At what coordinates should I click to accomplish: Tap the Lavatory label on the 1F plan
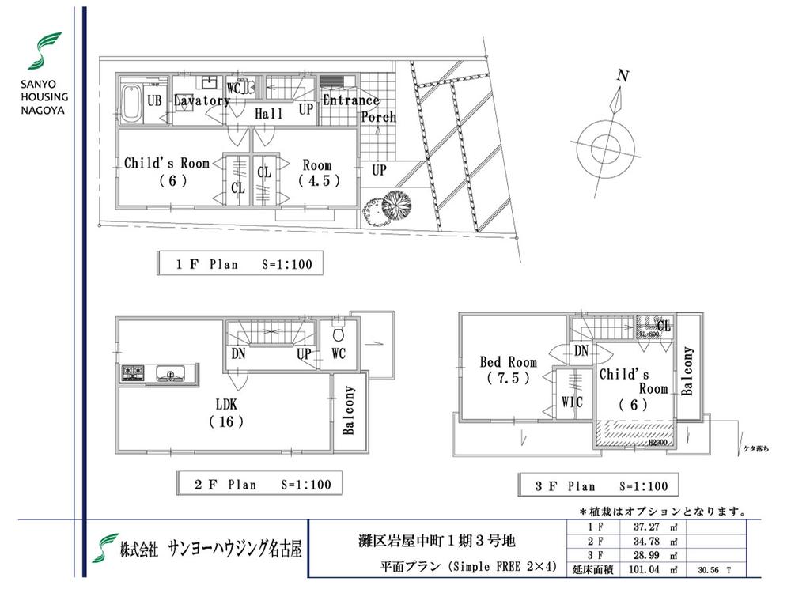point(202,100)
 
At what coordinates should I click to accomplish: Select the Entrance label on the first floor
point(350,100)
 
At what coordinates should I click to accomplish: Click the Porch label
point(378,117)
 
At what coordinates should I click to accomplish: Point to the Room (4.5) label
point(318,172)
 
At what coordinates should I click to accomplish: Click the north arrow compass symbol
point(604,145)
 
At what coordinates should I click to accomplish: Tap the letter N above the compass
point(623,77)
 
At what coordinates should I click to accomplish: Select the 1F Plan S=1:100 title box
point(240,263)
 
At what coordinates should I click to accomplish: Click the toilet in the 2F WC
point(339,327)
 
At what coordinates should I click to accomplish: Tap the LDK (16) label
point(225,413)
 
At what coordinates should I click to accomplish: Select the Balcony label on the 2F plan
point(349,411)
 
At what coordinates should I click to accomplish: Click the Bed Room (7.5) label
point(508,370)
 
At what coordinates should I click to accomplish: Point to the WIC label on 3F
point(571,402)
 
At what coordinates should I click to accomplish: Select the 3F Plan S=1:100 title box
point(598,485)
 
